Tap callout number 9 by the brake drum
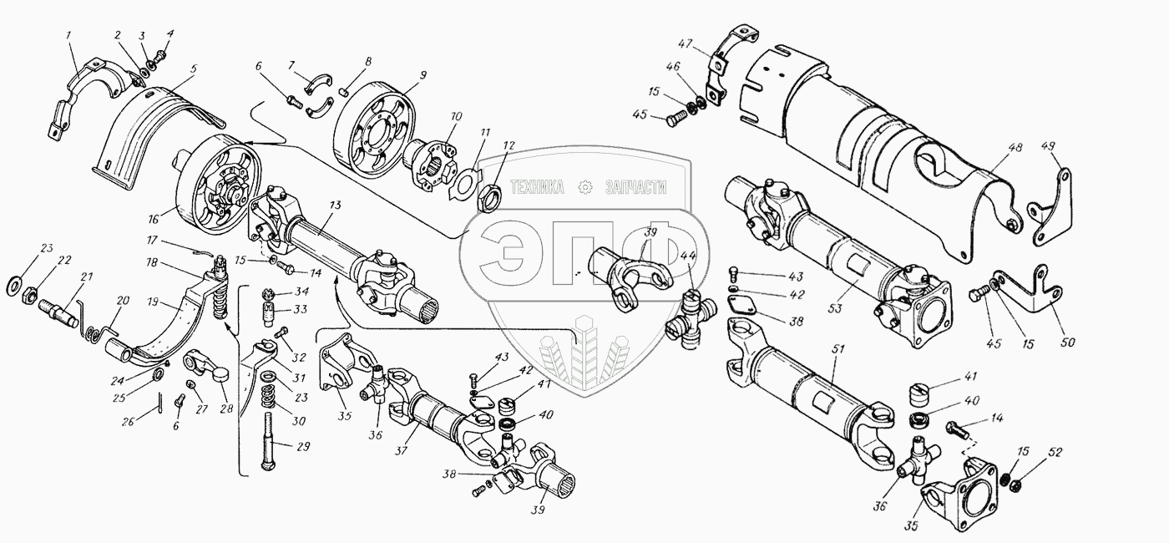point(423,75)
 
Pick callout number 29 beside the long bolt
point(305,448)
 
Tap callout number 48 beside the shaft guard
point(1015,148)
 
